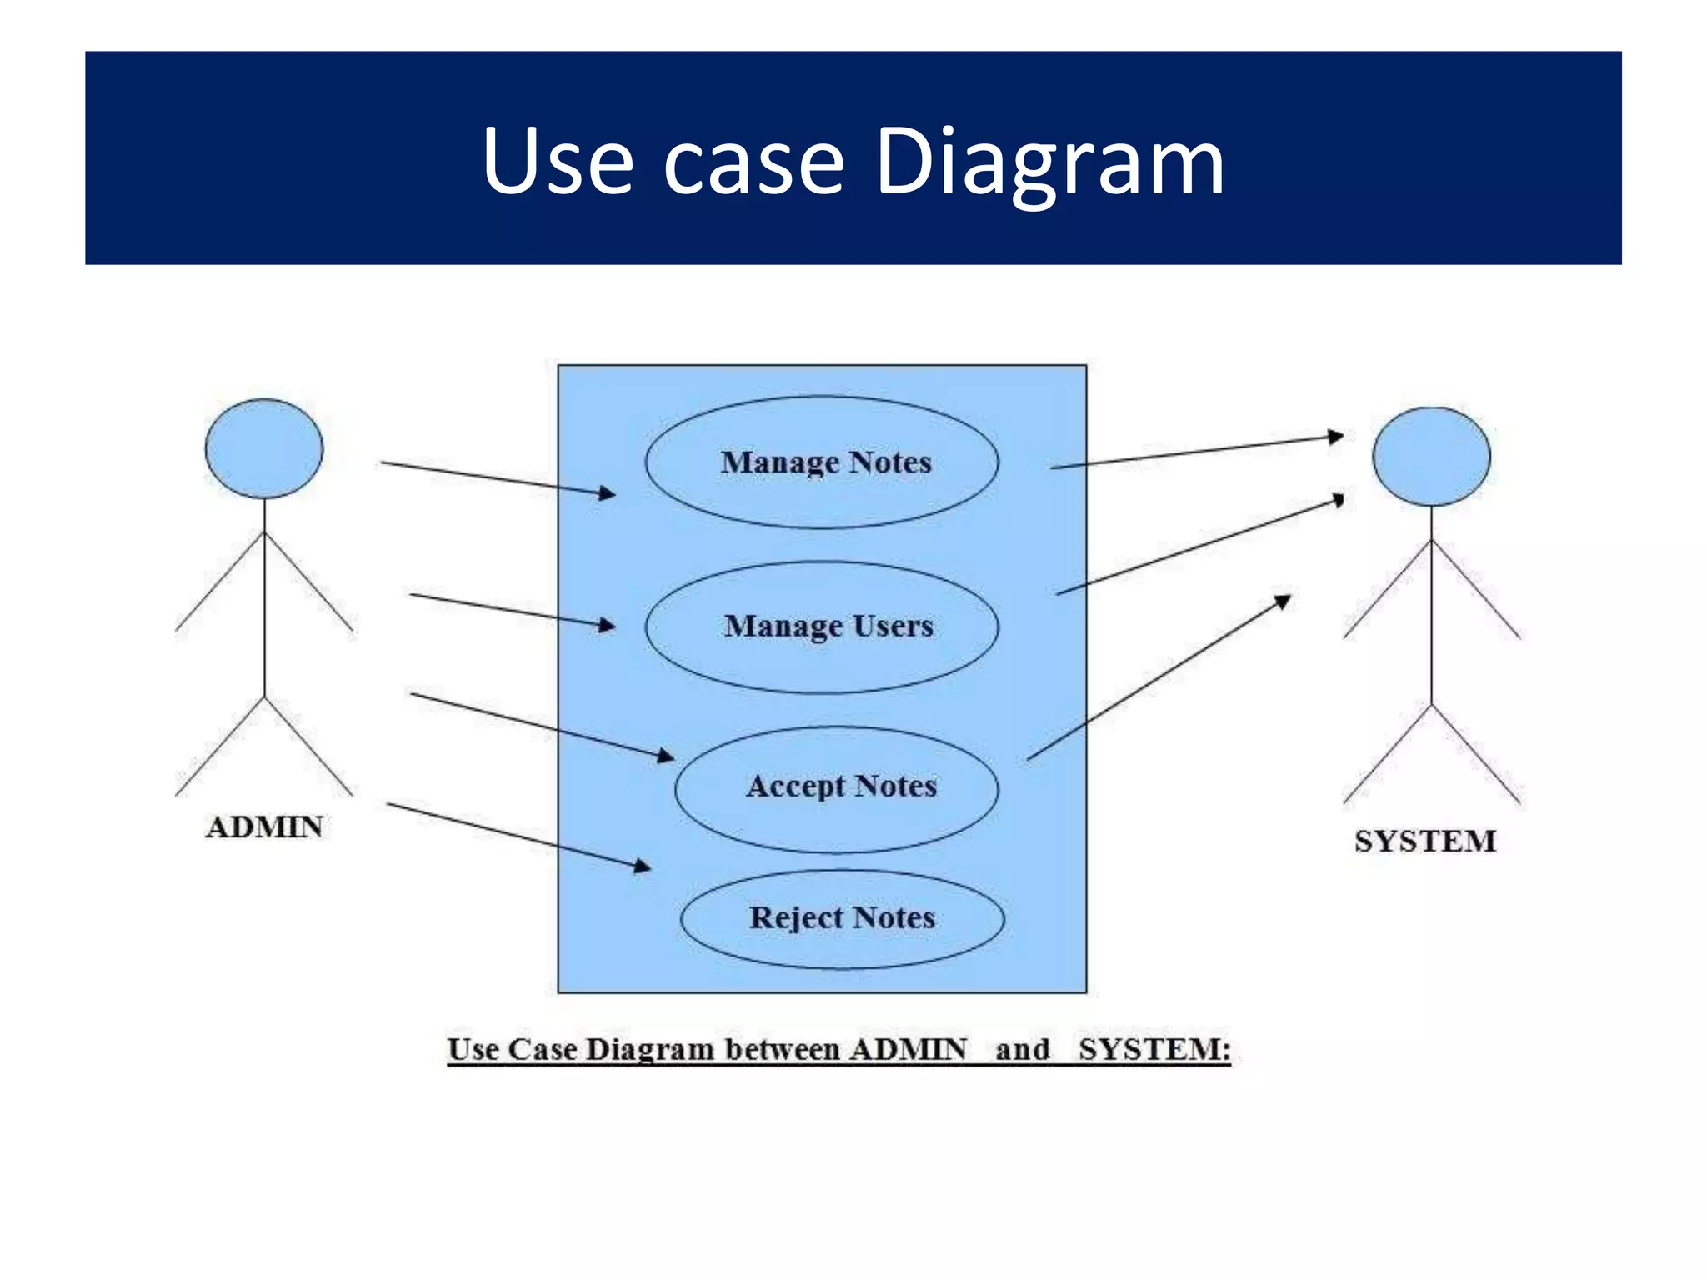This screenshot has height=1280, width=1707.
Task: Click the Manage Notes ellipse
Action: point(822,462)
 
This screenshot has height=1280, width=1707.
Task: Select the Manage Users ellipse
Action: point(822,627)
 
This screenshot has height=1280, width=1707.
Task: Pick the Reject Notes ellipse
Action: point(842,919)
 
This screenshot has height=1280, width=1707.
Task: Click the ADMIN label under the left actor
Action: point(264,827)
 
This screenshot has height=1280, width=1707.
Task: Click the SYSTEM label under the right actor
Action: point(1424,842)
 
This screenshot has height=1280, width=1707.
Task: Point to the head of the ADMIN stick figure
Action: point(264,448)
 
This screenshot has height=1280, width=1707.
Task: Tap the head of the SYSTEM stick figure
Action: point(1431,456)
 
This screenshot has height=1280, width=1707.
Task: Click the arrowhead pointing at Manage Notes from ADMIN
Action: point(608,493)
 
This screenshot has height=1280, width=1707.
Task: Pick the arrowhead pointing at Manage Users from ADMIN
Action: point(608,625)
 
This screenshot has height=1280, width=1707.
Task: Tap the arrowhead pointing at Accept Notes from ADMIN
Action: point(666,756)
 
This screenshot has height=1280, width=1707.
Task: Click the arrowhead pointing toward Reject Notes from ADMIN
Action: point(643,867)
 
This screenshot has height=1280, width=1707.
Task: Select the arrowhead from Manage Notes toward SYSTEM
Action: point(1335,436)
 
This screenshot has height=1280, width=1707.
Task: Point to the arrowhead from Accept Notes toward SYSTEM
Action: point(1284,600)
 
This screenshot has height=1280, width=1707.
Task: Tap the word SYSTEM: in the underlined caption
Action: point(1154,1049)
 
